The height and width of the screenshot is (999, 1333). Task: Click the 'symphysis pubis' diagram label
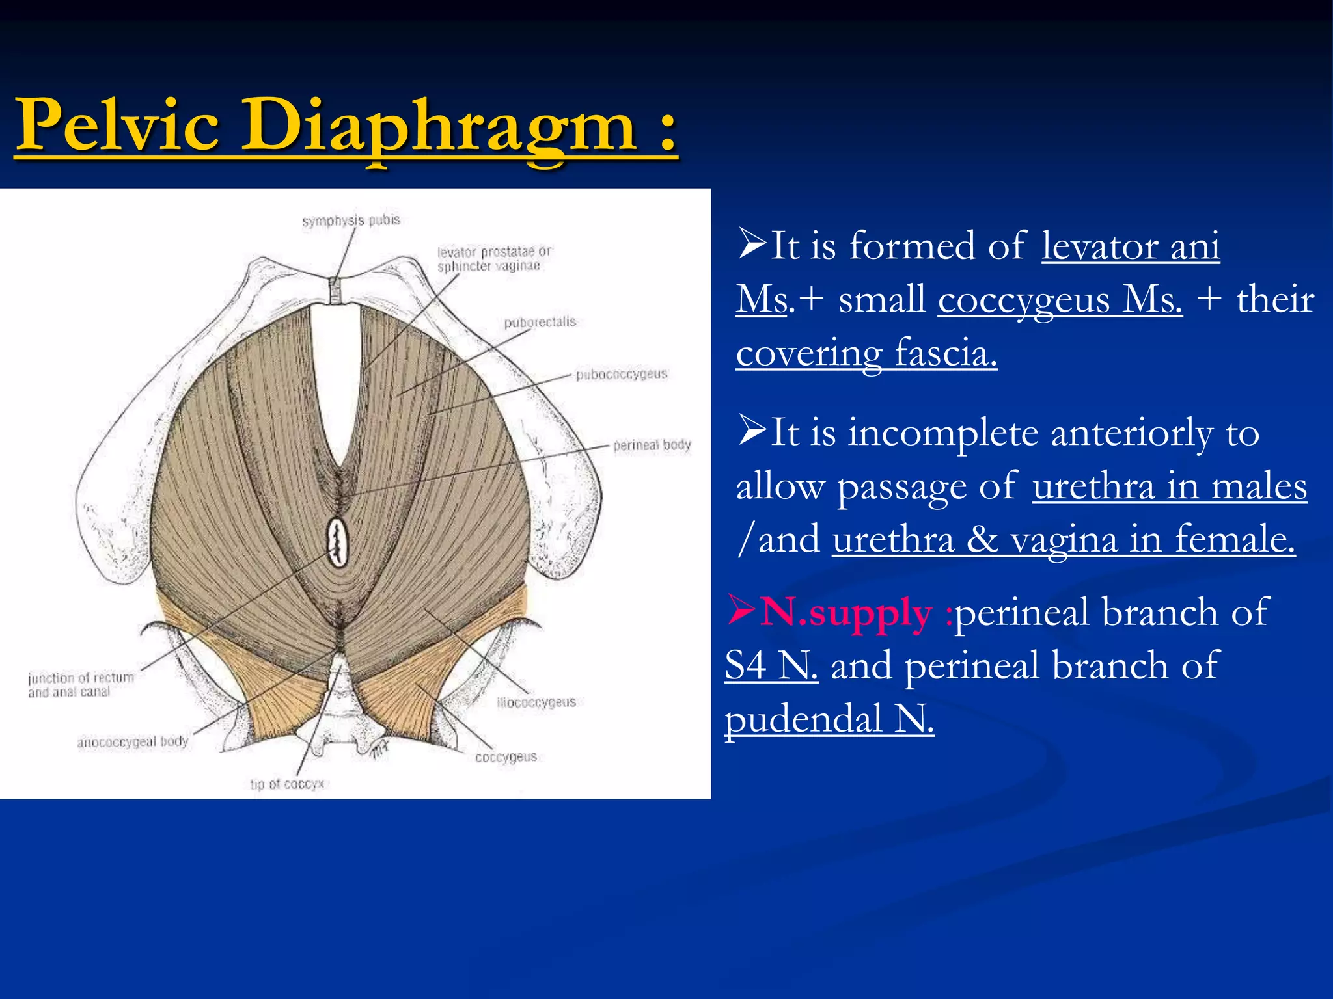click(x=351, y=220)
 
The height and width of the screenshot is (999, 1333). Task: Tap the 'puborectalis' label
click(x=540, y=322)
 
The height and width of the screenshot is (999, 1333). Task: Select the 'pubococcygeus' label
click(x=622, y=374)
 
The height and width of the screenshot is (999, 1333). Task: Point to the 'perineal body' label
click(x=652, y=445)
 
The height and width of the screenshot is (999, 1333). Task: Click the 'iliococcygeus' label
click(x=536, y=702)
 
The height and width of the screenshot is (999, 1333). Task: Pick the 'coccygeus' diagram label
click(x=506, y=757)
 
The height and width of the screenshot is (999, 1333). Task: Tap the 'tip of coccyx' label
click(x=287, y=784)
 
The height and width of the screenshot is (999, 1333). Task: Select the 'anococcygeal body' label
click(x=133, y=742)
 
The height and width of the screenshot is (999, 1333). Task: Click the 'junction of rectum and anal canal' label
click(x=81, y=685)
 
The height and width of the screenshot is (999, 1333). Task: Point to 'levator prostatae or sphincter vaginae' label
click(x=493, y=259)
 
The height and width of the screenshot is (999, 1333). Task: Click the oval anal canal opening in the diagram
click(x=338, y=541)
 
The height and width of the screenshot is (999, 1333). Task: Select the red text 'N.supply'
click(x=846, y=613)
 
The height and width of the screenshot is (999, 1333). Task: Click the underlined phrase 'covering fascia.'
click(x=866, y=353)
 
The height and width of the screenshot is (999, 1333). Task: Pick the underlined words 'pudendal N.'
click(x=829, y=719)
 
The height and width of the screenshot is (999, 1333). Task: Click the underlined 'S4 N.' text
click(x=771, y=666)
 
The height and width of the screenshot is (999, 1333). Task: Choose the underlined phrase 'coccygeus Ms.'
click(x=1060, y=300)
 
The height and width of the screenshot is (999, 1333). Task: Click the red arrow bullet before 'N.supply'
click(x=741, y=610)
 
